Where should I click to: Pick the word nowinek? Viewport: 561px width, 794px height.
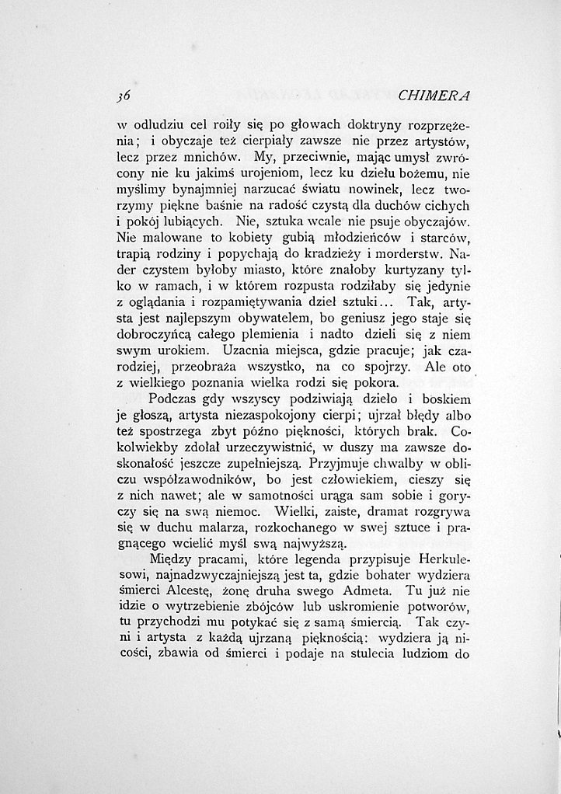(x=361, y=190)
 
